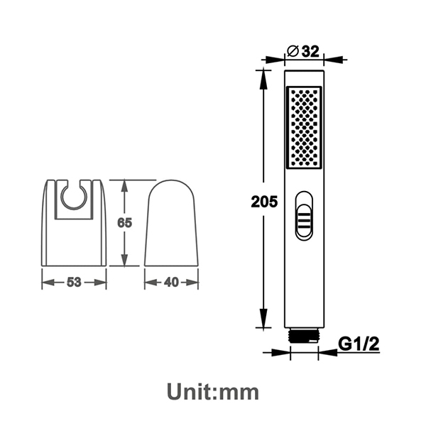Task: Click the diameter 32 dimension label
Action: point(303,50)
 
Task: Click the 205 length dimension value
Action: point(264,201)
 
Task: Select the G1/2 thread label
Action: point(359,344)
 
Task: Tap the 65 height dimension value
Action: point(125,223)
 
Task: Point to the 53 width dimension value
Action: point(73,282)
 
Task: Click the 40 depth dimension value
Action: point(171,282)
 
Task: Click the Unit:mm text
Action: point(213,390)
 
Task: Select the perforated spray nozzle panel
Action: point(304,129)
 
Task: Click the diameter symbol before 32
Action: point(292,50)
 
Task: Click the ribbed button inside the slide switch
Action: point(304,221)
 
